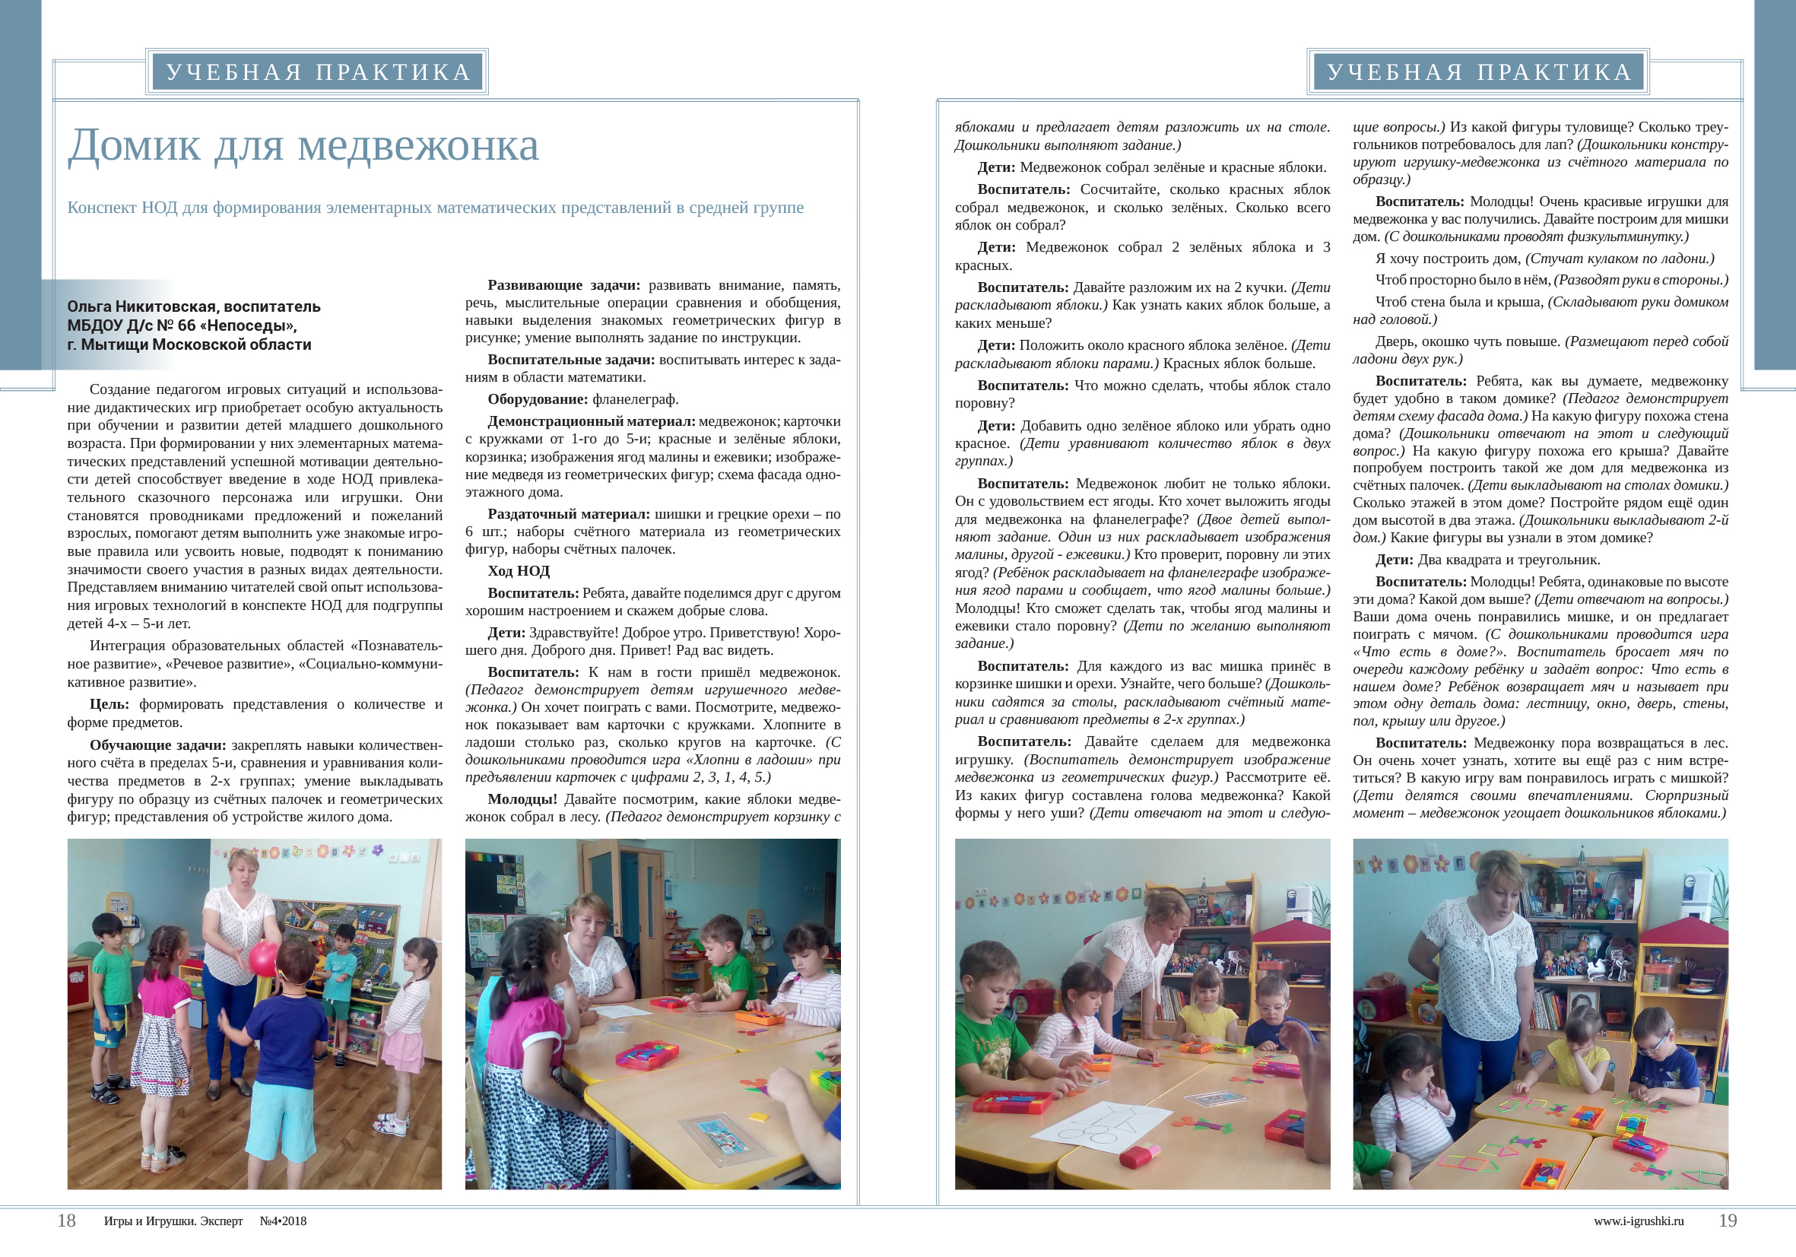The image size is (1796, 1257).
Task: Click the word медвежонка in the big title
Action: click(418, 146)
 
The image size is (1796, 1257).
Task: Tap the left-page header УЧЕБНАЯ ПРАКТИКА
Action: click(319, 72)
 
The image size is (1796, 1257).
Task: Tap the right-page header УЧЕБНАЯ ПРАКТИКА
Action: click(1479, 72)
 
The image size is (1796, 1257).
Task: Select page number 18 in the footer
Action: click(66, 1220)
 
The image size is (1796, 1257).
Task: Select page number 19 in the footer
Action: click(1727, 1220)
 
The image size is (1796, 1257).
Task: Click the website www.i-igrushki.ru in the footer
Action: click(1638, 1221)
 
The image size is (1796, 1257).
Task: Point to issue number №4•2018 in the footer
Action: click(283, 1221)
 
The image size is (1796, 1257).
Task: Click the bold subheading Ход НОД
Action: click(518, 571)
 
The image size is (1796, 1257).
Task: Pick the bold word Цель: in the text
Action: click(109, 704)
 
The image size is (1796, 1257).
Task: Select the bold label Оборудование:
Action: click(538, 399)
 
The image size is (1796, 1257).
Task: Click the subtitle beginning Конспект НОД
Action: click(435, 208)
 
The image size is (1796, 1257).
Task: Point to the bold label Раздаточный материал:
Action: click(569, 514)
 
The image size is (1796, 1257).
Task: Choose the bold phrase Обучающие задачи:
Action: click(157, 744)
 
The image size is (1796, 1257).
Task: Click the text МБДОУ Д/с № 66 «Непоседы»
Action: click(182, 325)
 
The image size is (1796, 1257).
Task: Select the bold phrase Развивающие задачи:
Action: click(563, 284)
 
